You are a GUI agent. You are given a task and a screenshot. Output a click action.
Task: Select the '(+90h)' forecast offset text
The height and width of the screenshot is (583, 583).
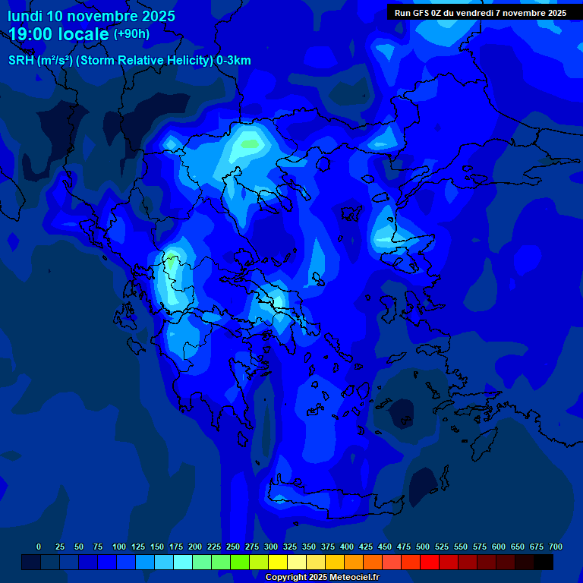click(131, 34)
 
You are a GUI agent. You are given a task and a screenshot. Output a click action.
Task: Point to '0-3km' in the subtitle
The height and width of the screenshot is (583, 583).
click(234, 61)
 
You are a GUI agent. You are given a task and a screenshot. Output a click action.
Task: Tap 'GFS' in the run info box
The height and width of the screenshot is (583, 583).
click(422, 13)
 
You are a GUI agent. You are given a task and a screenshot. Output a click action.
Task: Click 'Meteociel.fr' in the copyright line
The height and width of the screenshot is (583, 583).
click(354, 578)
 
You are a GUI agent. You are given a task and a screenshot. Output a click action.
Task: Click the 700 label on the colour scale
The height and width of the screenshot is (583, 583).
click(556, 547)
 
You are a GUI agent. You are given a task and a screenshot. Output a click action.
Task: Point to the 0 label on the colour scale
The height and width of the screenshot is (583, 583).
click(39, 547)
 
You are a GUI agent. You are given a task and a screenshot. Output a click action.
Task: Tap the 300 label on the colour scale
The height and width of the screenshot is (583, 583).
click(271, 547)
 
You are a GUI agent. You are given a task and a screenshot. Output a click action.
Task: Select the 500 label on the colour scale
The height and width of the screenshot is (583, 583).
click(423, 547)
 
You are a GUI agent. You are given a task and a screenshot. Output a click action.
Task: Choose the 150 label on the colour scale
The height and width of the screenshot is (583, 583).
click(157, 547)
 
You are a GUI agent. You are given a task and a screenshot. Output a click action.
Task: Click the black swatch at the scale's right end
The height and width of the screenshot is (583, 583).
click(544, 562)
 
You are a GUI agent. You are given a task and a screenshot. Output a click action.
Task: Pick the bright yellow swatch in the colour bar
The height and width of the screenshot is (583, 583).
click(278, 562)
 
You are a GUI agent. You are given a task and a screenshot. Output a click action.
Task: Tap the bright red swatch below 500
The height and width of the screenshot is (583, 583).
click(430, 562)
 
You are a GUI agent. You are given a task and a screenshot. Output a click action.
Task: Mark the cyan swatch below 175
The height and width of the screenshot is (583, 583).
click(183, 562)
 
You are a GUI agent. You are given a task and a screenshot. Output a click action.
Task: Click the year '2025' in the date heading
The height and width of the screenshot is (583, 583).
click(156, 16)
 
